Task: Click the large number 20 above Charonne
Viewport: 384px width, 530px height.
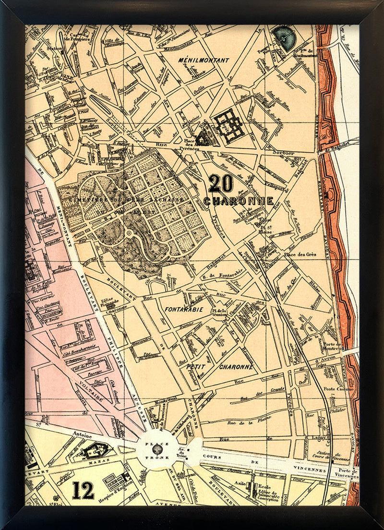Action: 221,184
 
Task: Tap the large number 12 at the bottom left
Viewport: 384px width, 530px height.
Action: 83,490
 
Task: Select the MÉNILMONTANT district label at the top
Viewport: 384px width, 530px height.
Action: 204,60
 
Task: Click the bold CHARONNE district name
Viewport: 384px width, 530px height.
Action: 239,201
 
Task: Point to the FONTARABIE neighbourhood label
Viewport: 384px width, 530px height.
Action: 184,310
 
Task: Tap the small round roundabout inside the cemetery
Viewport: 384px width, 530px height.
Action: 129,233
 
